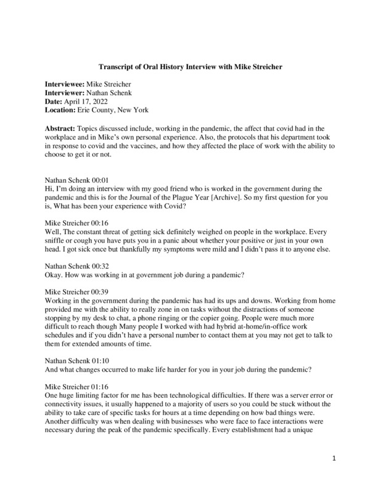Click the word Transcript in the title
(x=119, y=66)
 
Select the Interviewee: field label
(x=67, y=83)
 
